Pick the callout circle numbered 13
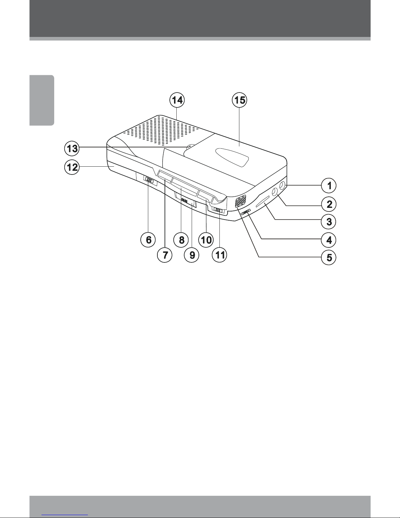(72, 149)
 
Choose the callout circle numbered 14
(177, 100)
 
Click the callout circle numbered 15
(239, 100)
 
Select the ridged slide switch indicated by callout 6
(149, 180)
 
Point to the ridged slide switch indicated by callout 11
(218, 210)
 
